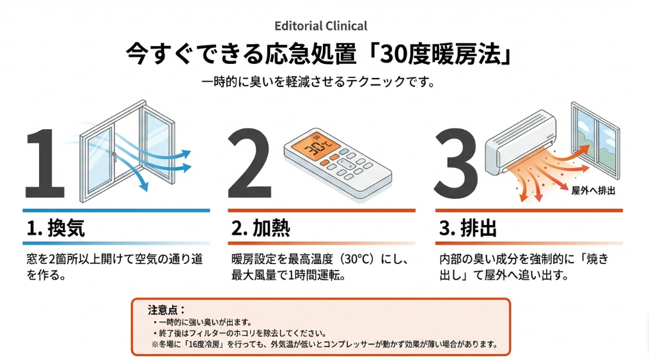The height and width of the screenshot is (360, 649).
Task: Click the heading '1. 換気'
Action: point(57,228)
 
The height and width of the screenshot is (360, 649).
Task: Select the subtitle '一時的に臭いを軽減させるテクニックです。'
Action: point(320,83)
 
